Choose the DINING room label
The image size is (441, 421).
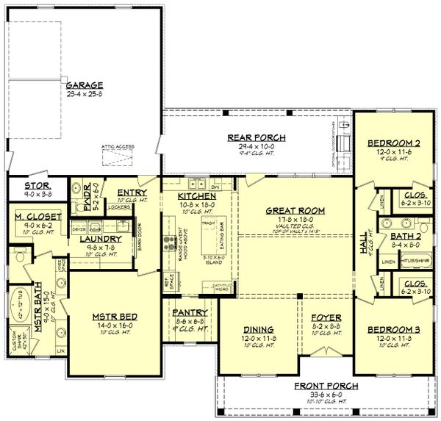pyautogui.click(x=257, y=328)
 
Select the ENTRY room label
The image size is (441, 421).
pyautogui.click(x=132, y=192)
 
